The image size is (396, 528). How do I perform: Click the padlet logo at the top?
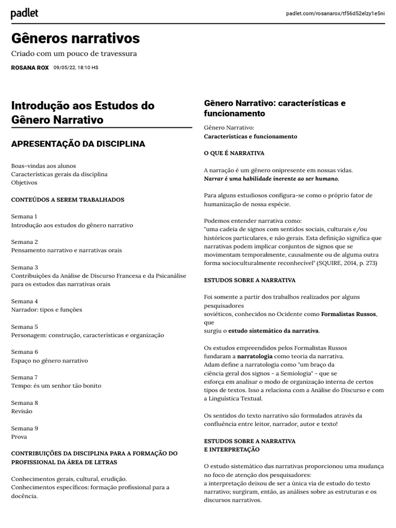tap(24, 14)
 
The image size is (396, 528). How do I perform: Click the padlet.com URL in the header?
tap(335, 13)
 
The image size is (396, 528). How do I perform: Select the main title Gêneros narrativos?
tap(75, 38)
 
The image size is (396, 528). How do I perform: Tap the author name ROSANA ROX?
tap(30, 68)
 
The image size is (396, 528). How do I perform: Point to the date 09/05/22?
tap(64, 68)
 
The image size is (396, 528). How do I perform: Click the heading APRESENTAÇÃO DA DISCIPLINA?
tap(78, 144)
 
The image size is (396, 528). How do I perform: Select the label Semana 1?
tap(24, 217)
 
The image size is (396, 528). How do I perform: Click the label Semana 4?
tap(24, 301)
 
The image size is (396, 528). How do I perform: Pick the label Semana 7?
tap(24, 377)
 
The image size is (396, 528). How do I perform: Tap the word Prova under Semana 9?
tap(19, 437)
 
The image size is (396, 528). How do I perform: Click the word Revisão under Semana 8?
tap(22, 411)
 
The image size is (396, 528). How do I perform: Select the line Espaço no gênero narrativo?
tap(49, 360)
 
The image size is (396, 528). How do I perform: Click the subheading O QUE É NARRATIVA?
tap(234, 153)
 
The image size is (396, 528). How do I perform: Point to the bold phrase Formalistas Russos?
tap(349, 313)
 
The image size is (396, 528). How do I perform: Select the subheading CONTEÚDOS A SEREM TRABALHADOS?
tap(68, 200)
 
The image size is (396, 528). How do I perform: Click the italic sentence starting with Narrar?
tap(272, 178)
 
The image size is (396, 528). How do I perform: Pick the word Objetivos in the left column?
tap(24, 183)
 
